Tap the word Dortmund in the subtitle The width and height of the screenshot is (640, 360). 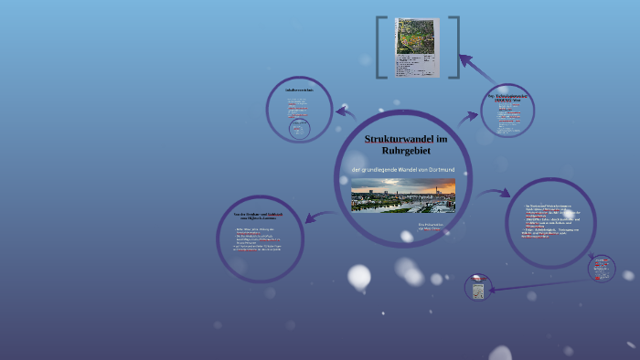click(435, 171)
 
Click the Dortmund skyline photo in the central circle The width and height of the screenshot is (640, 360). click(402, 196)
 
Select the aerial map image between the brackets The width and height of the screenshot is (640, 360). click(417, 48)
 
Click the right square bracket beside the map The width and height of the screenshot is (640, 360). click(453, 48)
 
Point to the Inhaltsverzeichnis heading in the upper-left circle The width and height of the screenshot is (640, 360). click(299, 90)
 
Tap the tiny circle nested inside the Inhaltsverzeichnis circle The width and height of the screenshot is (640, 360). click(299, 130)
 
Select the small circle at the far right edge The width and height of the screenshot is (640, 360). click(602, 268)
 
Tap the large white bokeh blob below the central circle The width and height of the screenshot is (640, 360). click(359, 276)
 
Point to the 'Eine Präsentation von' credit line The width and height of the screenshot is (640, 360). click(405, 225)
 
